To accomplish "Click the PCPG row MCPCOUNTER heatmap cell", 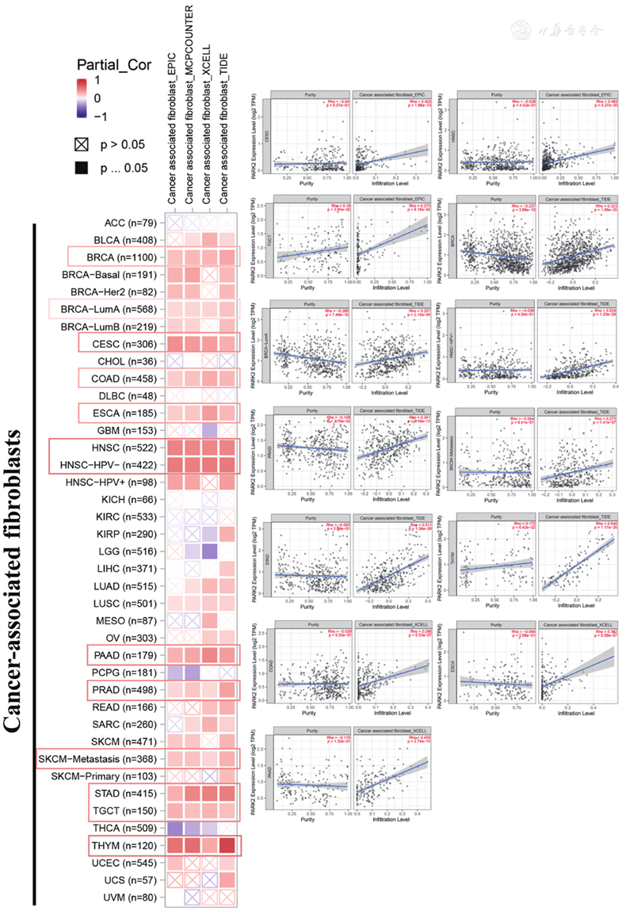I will [x=192, y=671].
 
